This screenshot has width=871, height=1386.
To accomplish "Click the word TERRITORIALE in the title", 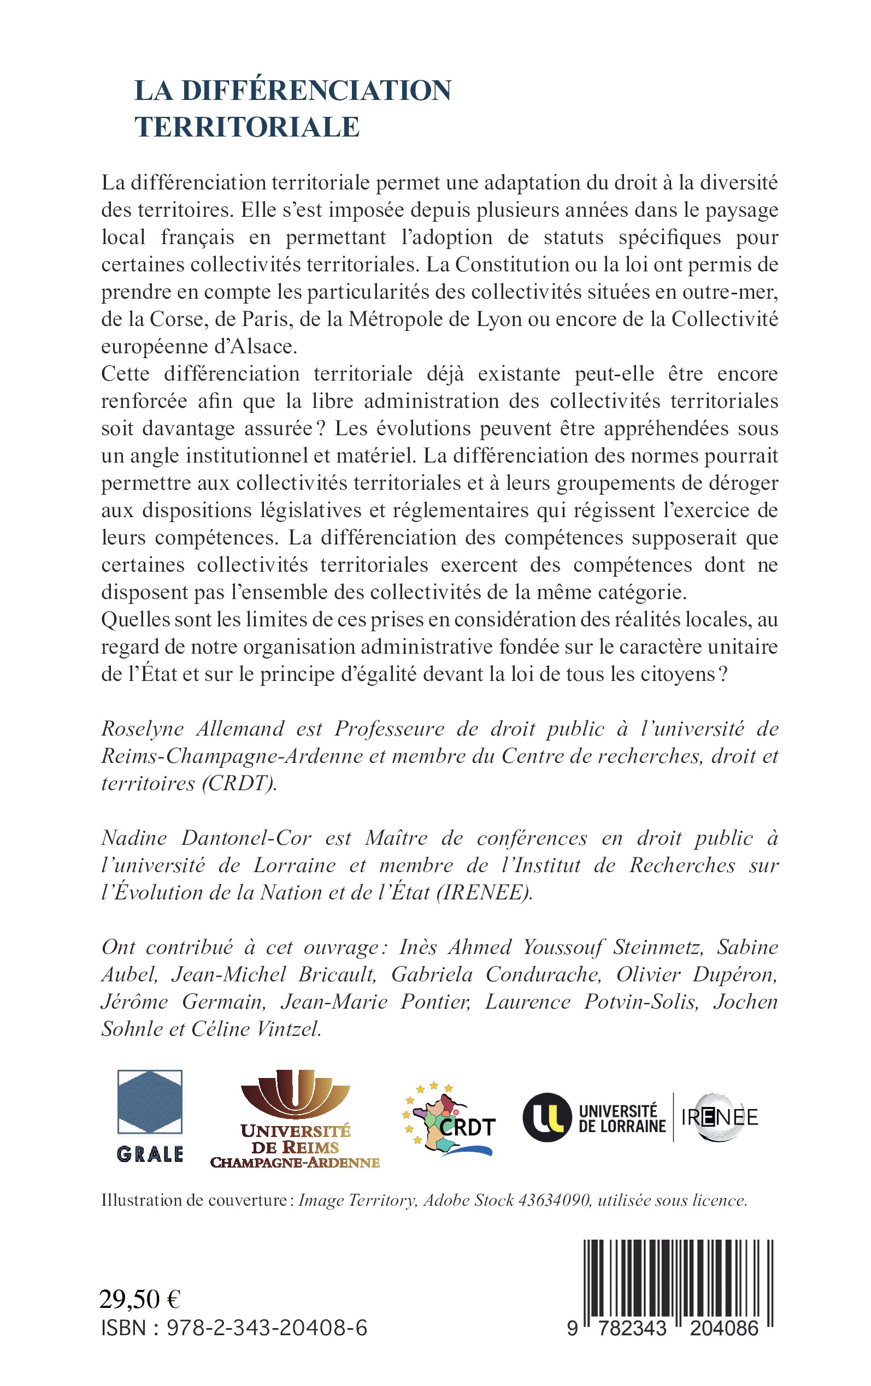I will point(247,127).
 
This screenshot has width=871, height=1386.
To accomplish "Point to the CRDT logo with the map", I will point(448,1120).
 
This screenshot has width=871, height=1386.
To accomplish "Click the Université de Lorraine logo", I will point(595,1118).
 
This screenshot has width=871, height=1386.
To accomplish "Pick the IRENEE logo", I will point(720,1117).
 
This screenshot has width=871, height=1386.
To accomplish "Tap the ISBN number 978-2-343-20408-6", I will point(267,1328).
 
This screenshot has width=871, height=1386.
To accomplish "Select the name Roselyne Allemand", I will point(192,728).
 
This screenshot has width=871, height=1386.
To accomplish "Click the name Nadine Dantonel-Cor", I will point(206,838).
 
